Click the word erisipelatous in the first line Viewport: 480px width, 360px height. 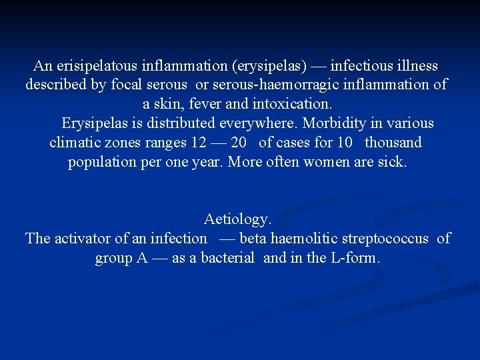90,66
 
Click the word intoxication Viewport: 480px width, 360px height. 294,105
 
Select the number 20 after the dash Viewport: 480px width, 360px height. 239,143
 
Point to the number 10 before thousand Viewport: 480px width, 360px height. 345,143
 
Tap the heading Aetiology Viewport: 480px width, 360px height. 238,219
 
